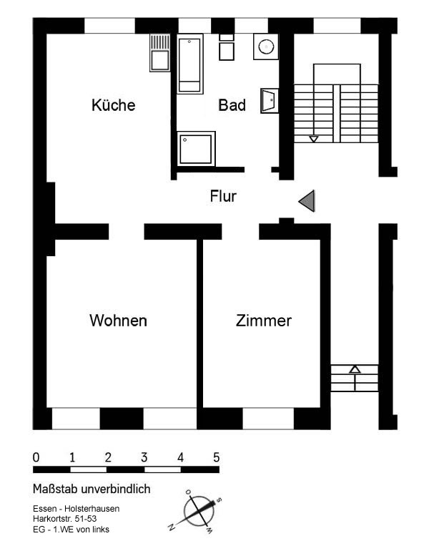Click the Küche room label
[114, 104]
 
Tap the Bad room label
[232, 105]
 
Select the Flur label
[223, 196]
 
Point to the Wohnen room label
[118, 321]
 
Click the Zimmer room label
[264, 321]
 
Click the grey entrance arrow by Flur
[307, 201]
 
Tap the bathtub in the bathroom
[189, 64]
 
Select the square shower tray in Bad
[196, 149]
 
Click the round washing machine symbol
[266, 47]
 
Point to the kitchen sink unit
[160, 53]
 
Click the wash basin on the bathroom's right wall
[270, 101]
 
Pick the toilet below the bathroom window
[227, 47]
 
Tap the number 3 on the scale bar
[144, 457]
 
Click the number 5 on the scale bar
[217, 457]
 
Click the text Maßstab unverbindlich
[92, 489]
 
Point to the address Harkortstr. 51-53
[65, 519]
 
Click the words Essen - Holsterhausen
[77, 508]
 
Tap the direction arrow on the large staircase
[314, 139]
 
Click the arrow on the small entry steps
[355, 370]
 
